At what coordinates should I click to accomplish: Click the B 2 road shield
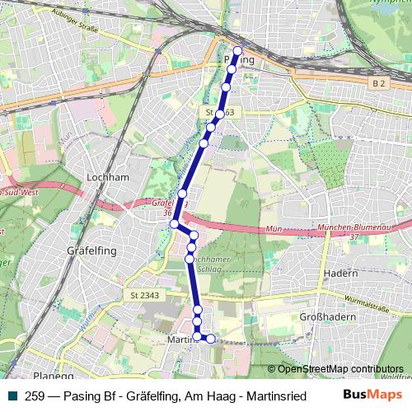pyautogui.click(x=378, y=83)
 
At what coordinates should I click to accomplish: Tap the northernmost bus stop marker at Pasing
pyautogui.click(x=238, y=51)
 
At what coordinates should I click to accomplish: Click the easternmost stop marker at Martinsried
pyautogui.click(x=210, y=339)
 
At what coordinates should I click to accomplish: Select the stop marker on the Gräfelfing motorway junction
pyautogui.click(x=175, y=223)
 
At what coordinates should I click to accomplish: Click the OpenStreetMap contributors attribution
pyautogui.click(x=340, y=368)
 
